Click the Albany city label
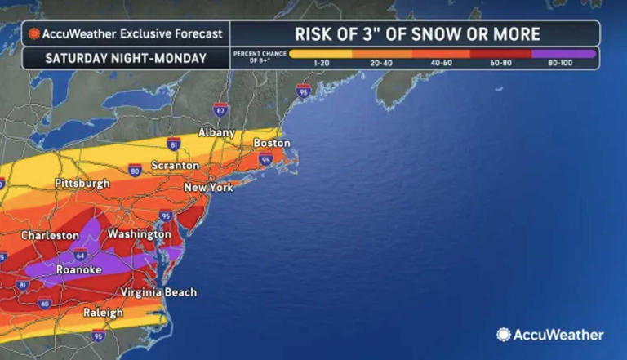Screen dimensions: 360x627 tap(216, 132)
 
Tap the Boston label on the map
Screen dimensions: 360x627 tap(273, 143)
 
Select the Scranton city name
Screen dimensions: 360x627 tap(175, 166)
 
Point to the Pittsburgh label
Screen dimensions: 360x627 tap(82, 184)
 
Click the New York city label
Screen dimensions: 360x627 tap(208, 188)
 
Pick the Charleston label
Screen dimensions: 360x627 tap(50, 235)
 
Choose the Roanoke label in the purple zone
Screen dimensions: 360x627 tap(78, 270)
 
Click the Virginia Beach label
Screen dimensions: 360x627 tap(158, 292)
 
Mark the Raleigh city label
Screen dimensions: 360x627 tap(103, 313)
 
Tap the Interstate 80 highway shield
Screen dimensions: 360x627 tap(135, 170)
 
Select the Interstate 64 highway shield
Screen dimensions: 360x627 tap(81, 255)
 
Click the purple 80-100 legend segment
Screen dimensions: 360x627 tap(563, 54)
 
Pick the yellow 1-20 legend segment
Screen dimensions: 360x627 tap(321, 54)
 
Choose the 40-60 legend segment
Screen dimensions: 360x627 tap(442, 54)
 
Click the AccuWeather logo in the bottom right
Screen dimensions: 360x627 tap(550, 335)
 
